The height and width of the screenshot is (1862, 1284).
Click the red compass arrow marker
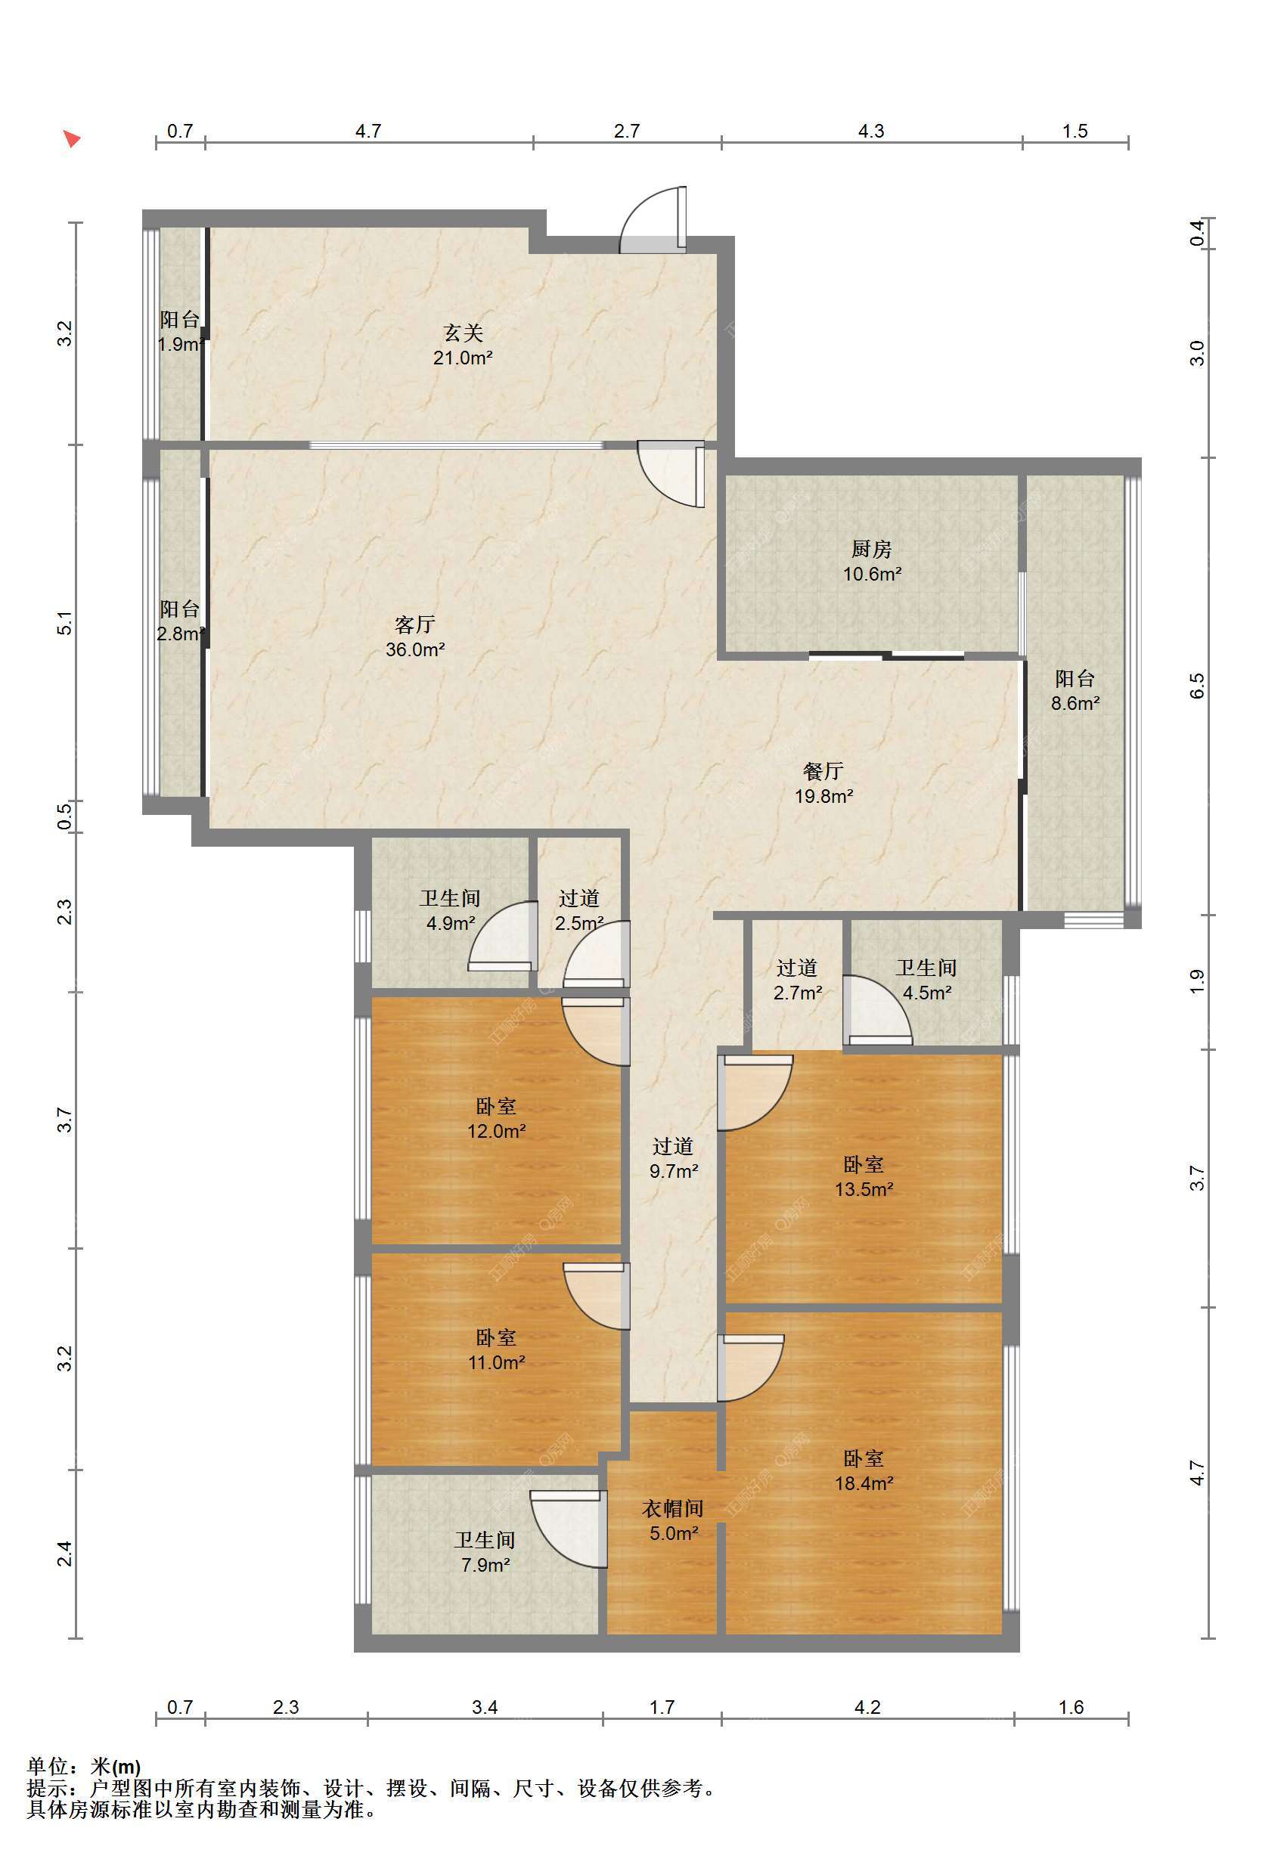coord(73,139)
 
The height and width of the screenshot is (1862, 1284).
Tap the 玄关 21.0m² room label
coord(463,345)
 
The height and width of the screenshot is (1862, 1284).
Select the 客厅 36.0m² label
coord(415,637)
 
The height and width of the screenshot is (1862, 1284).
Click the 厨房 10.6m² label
coord(872,562)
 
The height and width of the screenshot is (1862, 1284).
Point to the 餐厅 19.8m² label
coord(823,783)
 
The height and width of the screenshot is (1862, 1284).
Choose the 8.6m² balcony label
coord(1075,691)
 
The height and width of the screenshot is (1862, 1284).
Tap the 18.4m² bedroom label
coord(864,1471)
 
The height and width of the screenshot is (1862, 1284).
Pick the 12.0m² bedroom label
coord(496,1119)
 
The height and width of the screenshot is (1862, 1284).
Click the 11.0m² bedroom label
coord(496,1350)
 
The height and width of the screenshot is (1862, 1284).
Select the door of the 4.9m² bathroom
coord(503,936)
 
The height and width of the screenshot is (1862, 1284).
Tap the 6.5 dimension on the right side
coord(1197,685)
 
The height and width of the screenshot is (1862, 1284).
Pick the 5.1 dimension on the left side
coord(65,624)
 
